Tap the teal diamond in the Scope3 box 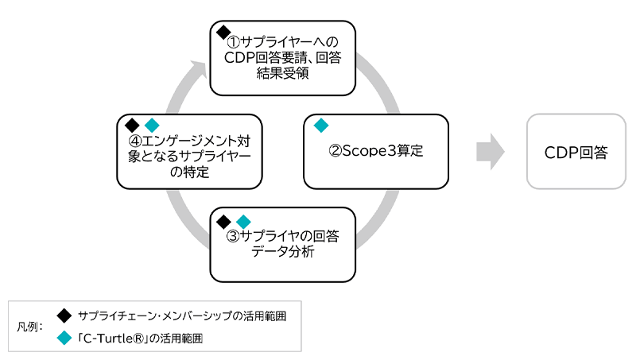pyautogui.click(x=320, y=125)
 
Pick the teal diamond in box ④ pyautogui.click(x=152, y=125)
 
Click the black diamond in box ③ pyautogui.click(x=224, y=220)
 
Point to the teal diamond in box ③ pyautogui.click(x=243, y=220)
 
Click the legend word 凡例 pyautogui.click(x=29, y=327)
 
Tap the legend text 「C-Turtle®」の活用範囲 pyautogui.click(x=139, y=338)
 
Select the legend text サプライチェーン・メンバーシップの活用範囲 pyautogui.click(x=182, y=315)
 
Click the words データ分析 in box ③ pyautogui.click(x=282, y=253)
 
